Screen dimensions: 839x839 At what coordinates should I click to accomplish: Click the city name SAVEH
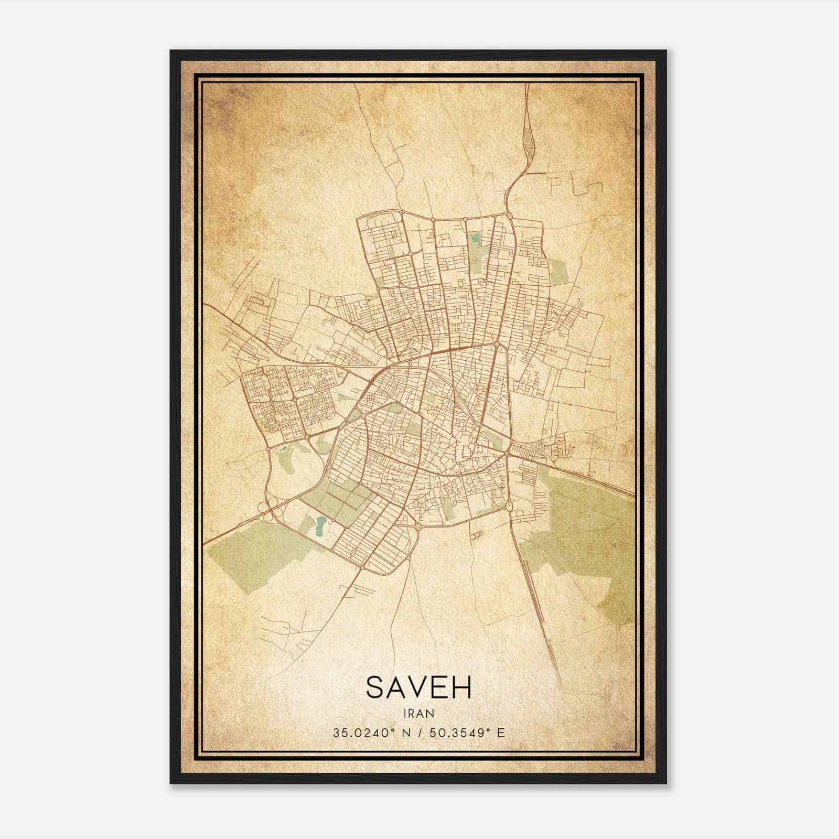click(419, 687)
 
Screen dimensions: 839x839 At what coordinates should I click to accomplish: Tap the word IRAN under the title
click(419, 713)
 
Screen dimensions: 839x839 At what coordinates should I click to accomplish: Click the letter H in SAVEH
click(462, 687)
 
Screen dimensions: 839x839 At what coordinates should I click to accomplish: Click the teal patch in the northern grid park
click(476, 238)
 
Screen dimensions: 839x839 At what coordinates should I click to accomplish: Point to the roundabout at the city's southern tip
click(362, 568)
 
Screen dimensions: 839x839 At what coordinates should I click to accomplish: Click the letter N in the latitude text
click(408, 733)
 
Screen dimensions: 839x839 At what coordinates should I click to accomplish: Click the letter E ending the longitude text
click(501, 733)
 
